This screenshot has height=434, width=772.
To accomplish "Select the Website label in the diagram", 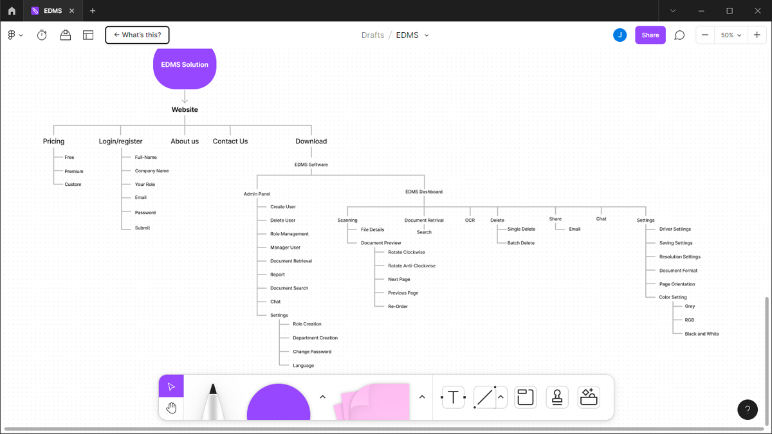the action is click(x=185, y=109).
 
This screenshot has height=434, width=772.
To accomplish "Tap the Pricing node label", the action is click(x=53, y=141).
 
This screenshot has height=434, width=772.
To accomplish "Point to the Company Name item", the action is click(x=152, y=171).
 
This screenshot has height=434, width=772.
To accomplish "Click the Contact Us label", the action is click(x=230, y=141).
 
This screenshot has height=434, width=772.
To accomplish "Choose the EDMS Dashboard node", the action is click(x=424, y=192).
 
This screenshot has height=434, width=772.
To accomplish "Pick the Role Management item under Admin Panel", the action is click(x=289, y=234).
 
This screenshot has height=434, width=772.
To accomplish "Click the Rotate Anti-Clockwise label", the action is click(x=412, y=266).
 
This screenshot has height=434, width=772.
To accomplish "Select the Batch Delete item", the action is click(x=521, y=243).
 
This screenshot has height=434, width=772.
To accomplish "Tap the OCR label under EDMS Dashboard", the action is click(x=470, y=220).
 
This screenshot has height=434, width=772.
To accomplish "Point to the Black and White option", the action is click(x=702, y=334).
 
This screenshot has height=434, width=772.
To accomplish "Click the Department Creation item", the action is click(x=315, y=338).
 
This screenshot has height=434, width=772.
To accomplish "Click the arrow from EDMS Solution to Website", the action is click(x=185, y=97).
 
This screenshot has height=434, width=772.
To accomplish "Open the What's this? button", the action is click(x=137, y=35).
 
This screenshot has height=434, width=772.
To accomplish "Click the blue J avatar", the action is click(x=620, y=35).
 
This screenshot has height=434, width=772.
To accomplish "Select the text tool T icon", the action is click(x=453, y=397).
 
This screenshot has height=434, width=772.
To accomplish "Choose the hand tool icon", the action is click(x=171, y=408).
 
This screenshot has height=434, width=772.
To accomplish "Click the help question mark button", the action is click(x=748, y=410).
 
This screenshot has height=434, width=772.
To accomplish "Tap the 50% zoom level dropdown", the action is click(x=731, y=35).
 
